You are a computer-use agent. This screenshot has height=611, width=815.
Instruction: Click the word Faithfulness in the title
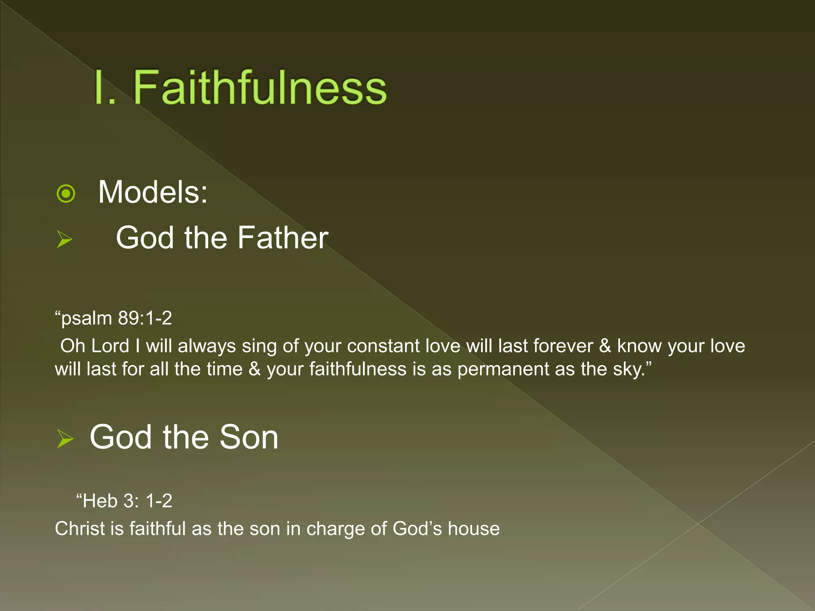point(259,88)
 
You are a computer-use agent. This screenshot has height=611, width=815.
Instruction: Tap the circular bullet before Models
point(66,194)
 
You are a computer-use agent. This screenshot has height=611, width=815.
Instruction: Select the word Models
point(153,192)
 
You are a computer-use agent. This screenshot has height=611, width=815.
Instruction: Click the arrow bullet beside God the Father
point(64,239)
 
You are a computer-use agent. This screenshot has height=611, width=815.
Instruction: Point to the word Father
point(283,238)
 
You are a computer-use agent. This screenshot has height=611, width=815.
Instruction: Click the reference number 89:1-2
point(145,318)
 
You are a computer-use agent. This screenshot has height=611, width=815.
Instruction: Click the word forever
point(563,346)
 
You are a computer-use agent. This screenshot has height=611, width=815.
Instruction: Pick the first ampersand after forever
point(605,346)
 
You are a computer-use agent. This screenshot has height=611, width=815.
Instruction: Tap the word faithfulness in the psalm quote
point(358,369)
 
